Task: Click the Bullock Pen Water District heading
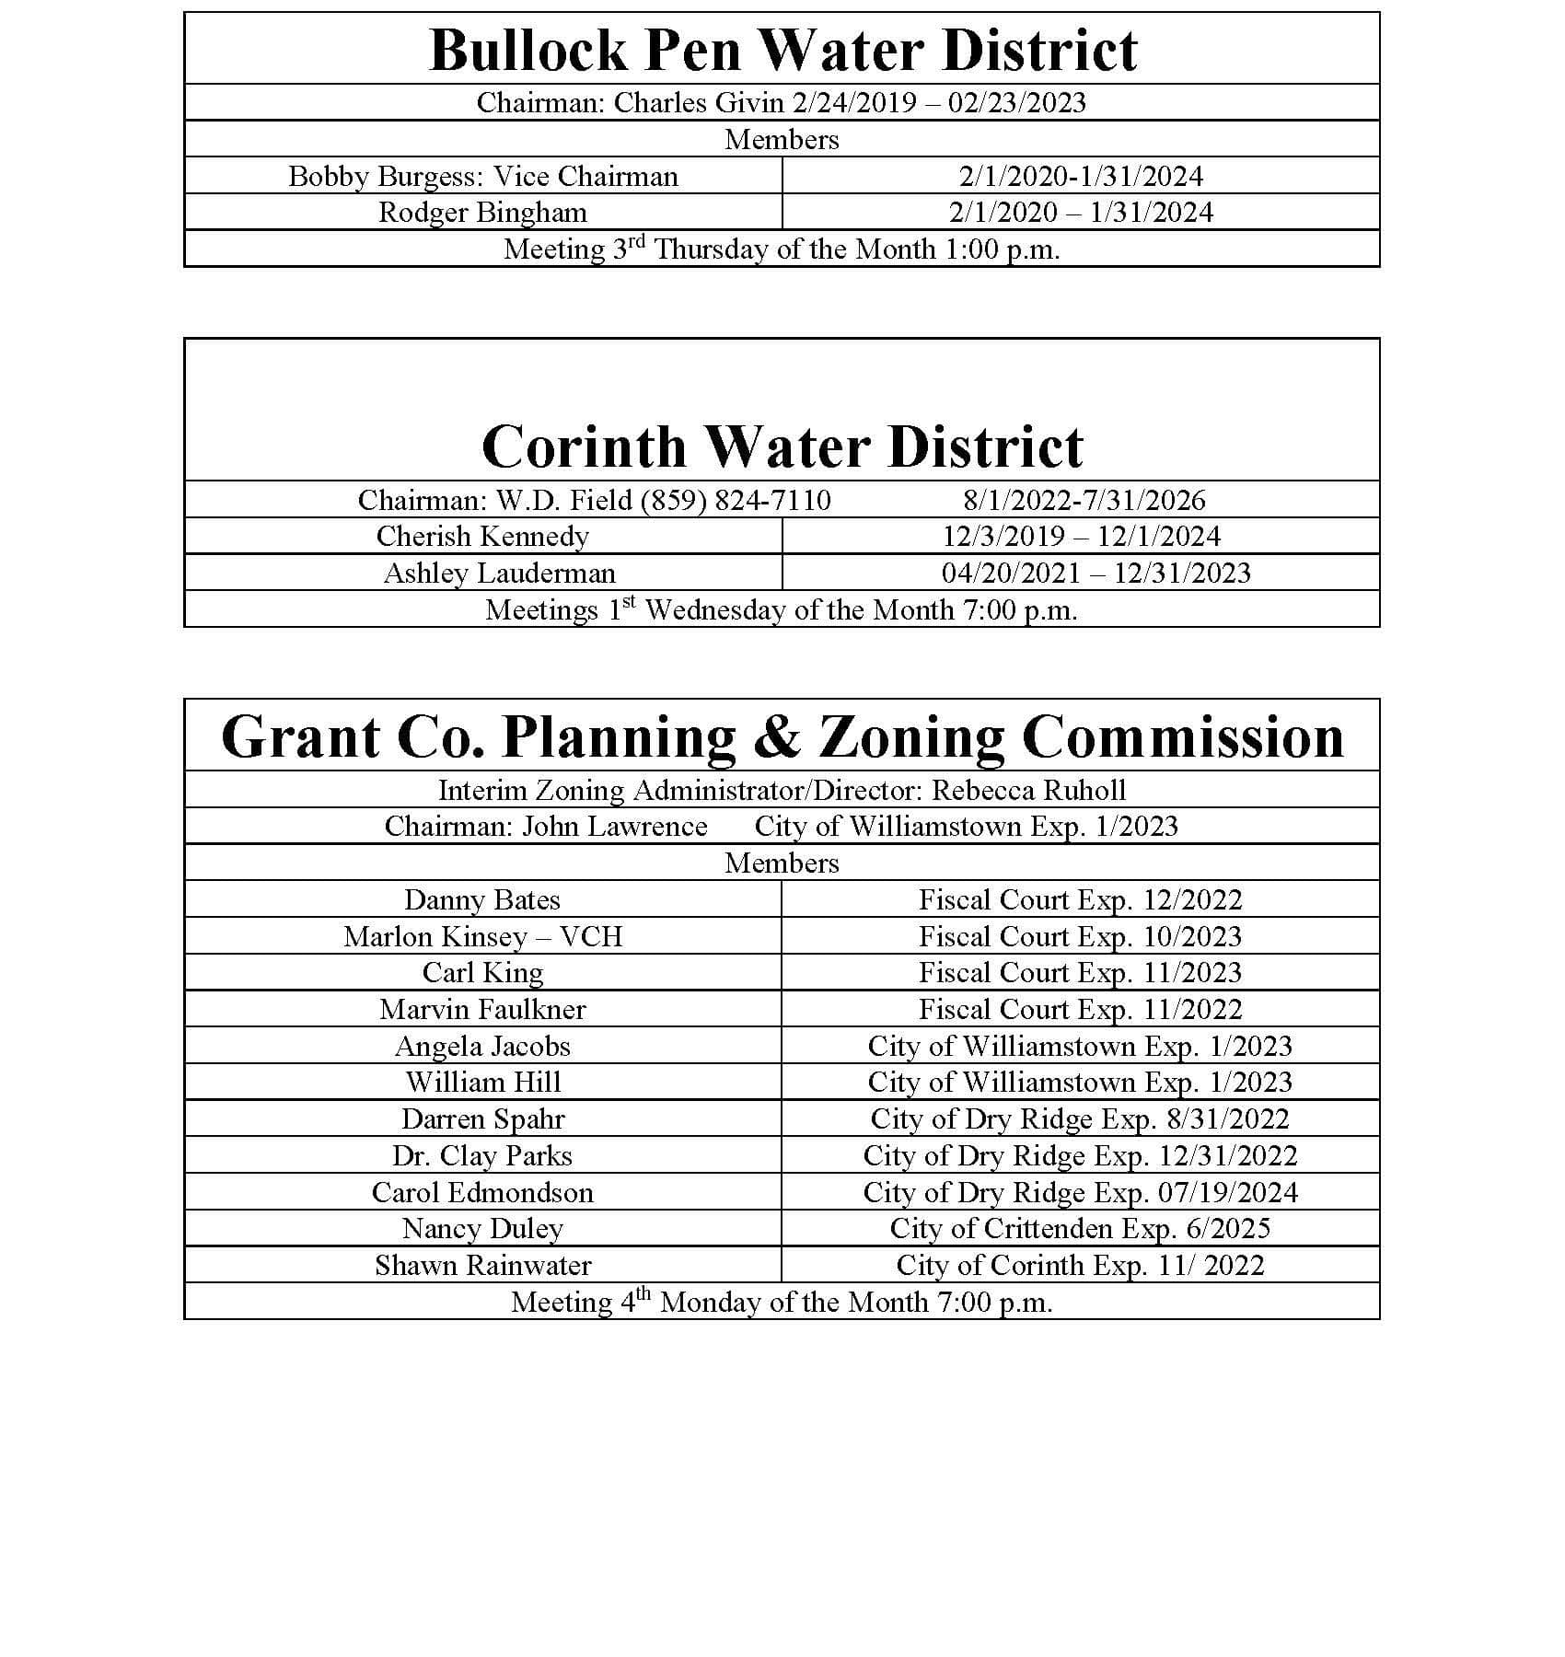point(782,50)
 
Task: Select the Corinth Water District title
point(782,447)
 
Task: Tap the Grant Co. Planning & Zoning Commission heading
point(782,737)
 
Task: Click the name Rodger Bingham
point(482,213)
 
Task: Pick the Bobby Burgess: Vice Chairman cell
point(482,176)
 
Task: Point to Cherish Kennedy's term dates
point(1081,536)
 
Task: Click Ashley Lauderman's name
point(499,573)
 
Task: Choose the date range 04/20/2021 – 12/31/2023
point(1095,573)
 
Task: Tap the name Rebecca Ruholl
point(1028,790)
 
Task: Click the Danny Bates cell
point(481,899)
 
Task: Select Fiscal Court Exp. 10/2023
point(1080,936)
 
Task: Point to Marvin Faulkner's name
point(482,1009)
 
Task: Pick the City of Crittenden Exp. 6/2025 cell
point(1080,1228)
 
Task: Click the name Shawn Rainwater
point(482,1265)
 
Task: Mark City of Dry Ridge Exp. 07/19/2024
point(1080,1192)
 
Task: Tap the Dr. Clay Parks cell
point(481,1155)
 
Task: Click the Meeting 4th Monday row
point(782,1302)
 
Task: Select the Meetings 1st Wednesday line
point(782,609)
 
